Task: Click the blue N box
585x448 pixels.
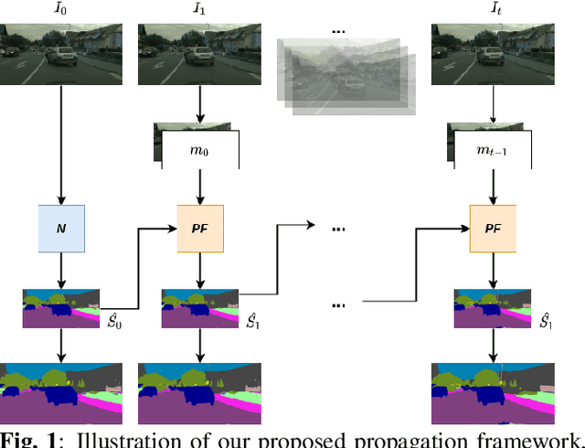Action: [61, 229]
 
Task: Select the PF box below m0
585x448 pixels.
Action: [199, 229]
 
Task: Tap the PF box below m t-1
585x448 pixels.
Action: [493, 229]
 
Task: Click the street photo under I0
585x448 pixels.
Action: [61, 54]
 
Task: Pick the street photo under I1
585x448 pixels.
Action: [199, 54]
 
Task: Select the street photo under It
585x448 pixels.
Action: [493, 54]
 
